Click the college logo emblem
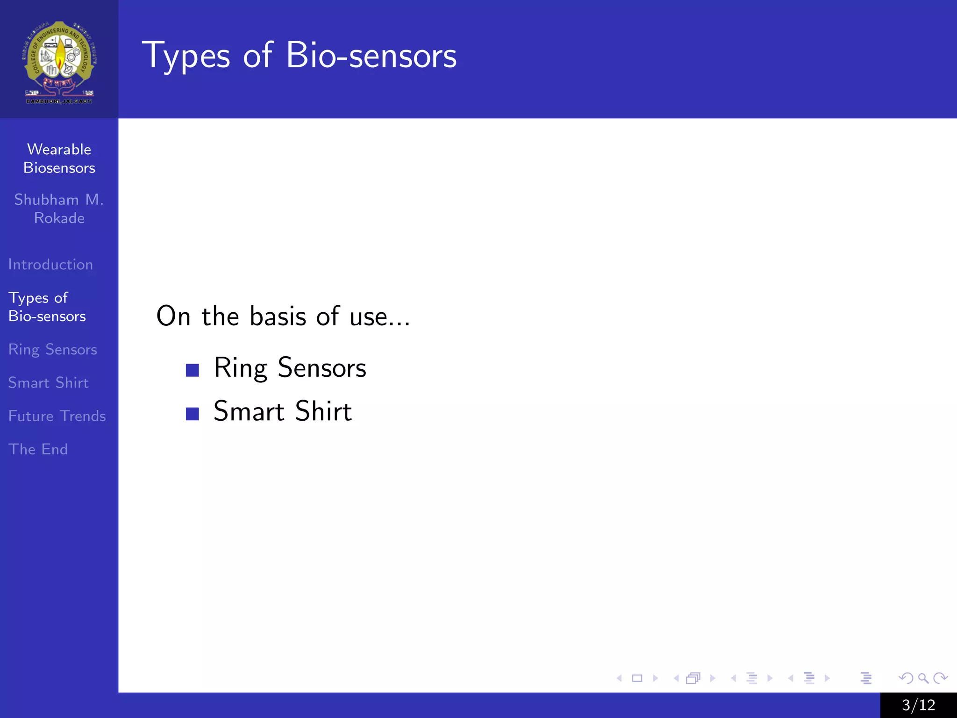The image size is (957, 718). (59, 61)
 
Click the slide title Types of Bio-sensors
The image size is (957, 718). (299, 56)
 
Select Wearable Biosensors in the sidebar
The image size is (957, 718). (59, 158)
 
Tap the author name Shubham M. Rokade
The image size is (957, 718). (59, 208)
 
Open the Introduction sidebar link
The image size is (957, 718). (50, 265)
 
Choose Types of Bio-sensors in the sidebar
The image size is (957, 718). (47, 307)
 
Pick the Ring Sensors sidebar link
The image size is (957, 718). (52, 350)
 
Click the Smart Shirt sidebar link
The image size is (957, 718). (48, 383)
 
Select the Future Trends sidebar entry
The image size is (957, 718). (57, 416)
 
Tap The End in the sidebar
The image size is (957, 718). (38, 449)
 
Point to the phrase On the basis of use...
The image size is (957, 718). (283, 316)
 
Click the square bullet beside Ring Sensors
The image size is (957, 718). (192, 370)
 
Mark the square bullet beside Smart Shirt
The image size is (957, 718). (192, 414)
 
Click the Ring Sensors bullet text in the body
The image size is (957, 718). (290, 368)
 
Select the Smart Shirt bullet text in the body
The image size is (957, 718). (282, 411)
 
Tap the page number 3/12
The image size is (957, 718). (918, 705)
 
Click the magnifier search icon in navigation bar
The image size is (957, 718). (923, 678)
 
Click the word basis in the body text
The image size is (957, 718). (278, 316)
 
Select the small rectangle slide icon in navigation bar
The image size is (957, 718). (637, 678)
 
